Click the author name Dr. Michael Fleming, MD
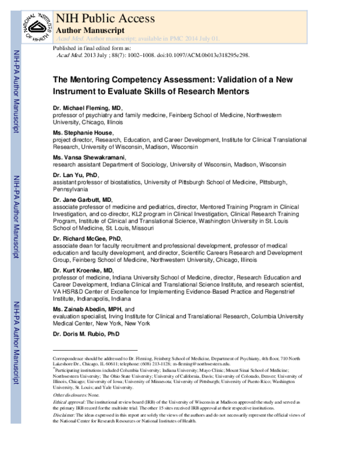pos(91,107)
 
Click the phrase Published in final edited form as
pos(92,47)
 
